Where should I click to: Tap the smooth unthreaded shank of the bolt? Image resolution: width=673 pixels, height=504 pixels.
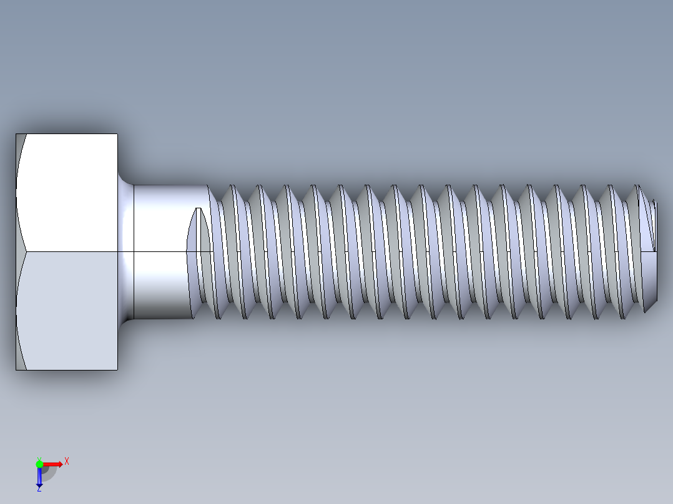159,250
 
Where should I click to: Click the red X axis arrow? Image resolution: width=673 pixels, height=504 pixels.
52,464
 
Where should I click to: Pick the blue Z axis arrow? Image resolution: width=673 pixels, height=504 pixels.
39,477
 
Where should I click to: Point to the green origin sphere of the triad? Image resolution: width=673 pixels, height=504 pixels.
39,464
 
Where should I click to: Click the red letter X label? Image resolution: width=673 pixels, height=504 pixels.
67,462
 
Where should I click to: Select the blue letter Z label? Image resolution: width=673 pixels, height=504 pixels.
39,489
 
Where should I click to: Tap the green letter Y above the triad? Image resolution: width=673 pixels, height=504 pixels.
39,458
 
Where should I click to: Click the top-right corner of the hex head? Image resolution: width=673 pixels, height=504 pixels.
117,134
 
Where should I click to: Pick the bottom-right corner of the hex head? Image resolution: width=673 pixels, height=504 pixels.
117,369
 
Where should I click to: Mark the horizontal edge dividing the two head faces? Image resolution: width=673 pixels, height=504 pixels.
69,251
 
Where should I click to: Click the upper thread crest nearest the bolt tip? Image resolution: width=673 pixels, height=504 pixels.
637,187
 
